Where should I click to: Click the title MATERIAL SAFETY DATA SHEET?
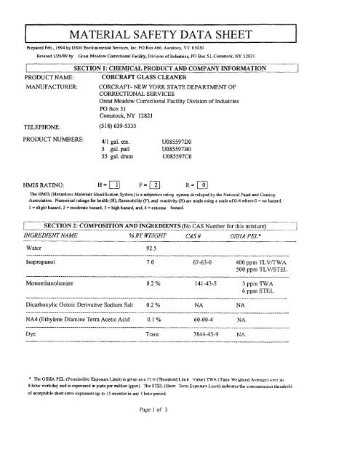click(x=180, y=35)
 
